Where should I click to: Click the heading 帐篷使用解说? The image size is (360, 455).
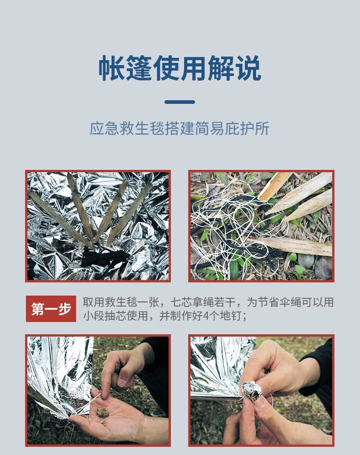point(180,69)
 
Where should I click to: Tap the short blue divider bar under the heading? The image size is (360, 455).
point(180,102)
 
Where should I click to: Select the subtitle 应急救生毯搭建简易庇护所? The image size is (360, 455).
point(180,128)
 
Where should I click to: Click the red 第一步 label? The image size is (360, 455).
point(51,309)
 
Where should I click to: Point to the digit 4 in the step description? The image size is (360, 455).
point(205,316)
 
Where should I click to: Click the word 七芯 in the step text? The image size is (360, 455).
point(180,302)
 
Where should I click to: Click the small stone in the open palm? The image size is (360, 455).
point(103,412)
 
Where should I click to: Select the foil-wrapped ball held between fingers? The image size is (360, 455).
point(252,390)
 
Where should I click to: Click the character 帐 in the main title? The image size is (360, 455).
point(111,69)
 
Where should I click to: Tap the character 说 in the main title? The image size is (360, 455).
point(248,69)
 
